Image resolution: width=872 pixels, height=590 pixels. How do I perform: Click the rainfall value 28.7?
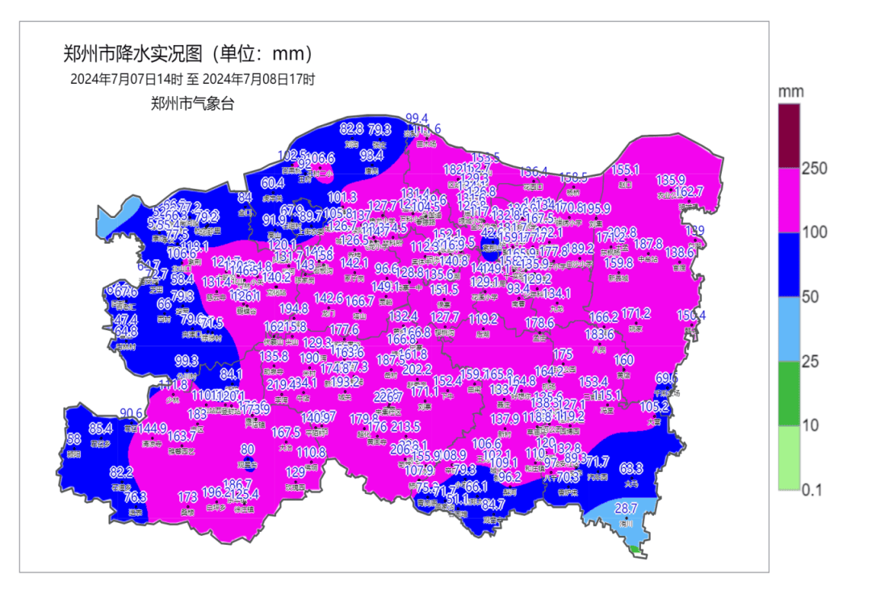pyautogui.click(x=627, y=508)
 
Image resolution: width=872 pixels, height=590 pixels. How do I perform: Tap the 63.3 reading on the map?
pyautogui.click(x=631, y=468)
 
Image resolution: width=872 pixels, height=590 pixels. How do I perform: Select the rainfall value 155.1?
pyautogui.click(x=625, y=169)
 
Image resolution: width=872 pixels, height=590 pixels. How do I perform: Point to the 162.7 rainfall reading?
pyautogui.click(x=690, y=191)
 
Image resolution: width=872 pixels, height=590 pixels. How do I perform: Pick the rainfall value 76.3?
pyautogui.click(x=136, y=496)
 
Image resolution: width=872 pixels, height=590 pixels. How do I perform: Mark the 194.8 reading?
pyautogui.click(x=294, y=308)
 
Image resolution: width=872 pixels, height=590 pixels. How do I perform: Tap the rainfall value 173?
pyautogui.click(x=187, y=497)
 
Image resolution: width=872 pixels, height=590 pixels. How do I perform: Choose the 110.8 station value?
pyautogui.click(x=311, y=452)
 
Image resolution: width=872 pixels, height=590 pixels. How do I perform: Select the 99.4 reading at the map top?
pyautogui.click(x=417, y=118)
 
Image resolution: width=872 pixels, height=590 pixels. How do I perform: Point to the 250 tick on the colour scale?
pyautogui.click(x=816, y=168)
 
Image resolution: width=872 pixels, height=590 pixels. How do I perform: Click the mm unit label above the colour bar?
pyautogui.click(x=791, y=91)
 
